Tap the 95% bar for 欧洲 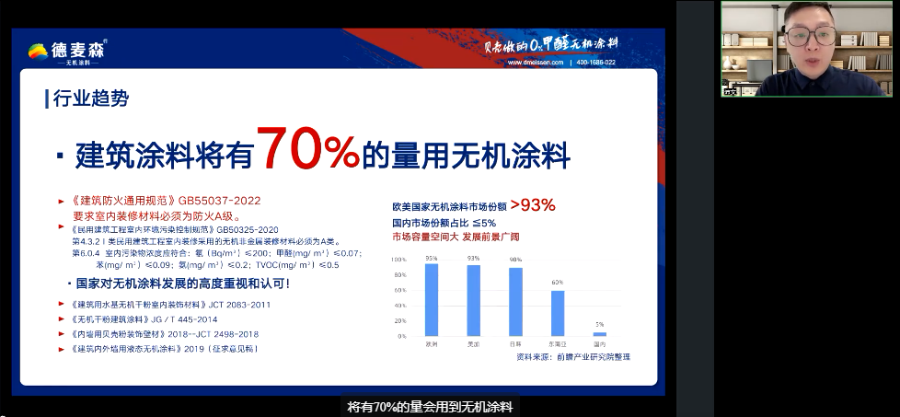(x=431, y=299)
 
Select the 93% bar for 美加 (x=473, y=300)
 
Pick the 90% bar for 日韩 (x=515, y=302)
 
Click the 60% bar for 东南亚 (x=557, y=313)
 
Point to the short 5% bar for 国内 (x=599, y=334)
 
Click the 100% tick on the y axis (x=398, y=260)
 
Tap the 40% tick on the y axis (x=398, y=306)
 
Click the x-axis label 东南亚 (x=557, y=343)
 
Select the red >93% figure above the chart (x=533, y=205)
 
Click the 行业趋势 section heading (x=91, y=98)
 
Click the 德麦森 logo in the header (x=67, y=52)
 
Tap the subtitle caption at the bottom (x=429, y=406)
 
